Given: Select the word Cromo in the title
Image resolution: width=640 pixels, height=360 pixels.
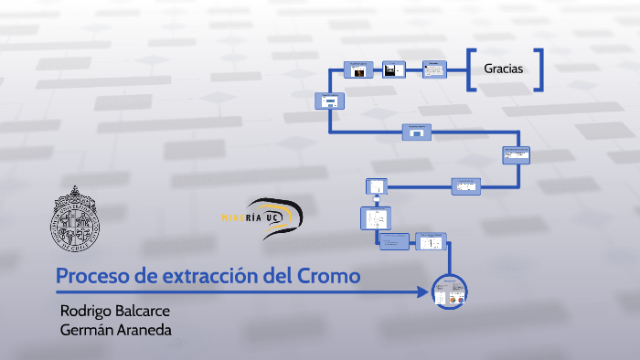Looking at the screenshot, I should tap(329, 275).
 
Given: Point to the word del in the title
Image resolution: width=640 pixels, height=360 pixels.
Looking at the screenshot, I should tap(276, 275).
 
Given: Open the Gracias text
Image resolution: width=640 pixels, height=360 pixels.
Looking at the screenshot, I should tap(504, 69).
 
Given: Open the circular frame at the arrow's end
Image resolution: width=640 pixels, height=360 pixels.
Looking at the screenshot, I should tap(450, 291).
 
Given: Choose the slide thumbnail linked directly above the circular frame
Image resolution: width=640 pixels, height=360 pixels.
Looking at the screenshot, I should tap(429, 242).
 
